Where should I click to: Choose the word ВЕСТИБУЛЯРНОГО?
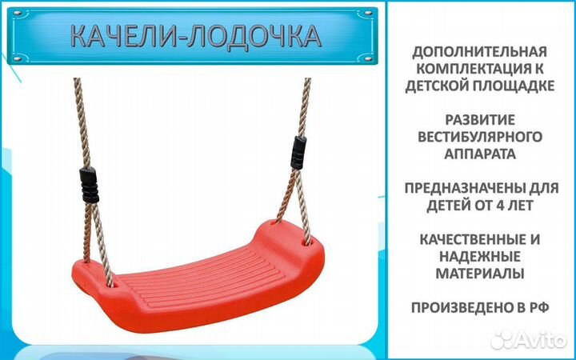coord(481,137)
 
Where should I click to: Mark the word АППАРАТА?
coord(481,153)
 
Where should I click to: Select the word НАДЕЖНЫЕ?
coord(481,257)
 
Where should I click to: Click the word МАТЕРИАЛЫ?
coord(481,273)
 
